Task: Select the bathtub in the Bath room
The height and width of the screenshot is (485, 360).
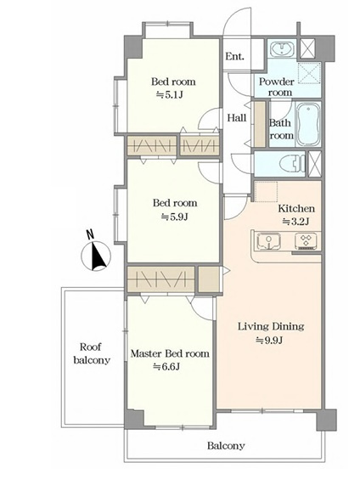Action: pos(308,124)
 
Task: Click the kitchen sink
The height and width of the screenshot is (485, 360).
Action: pos(269,241)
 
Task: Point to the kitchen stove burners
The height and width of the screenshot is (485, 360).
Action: pos(307,240)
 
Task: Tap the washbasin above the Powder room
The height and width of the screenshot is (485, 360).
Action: pos(283,49)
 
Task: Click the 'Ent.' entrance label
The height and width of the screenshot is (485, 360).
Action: pos(234,56)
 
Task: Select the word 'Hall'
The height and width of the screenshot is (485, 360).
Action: pos(237,117)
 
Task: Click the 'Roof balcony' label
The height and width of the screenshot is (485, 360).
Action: pos(92,353)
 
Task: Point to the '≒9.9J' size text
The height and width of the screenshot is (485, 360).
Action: pos(269,341)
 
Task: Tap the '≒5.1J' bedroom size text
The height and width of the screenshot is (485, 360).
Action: pos(170,94)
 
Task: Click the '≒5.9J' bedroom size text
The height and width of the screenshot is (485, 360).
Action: pos(174,217)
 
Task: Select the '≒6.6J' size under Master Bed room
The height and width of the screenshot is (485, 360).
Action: pos(167,367)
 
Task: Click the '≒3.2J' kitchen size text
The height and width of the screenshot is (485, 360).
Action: pos(296,222)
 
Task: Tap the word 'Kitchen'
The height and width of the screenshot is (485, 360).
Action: pos(296,208)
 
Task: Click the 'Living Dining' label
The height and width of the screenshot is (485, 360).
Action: pos(271,327)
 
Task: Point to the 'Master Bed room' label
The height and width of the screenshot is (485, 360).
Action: pos(170,353)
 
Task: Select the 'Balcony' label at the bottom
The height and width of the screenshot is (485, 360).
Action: pos(226,446)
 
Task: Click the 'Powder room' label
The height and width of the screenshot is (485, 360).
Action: pos(277,87)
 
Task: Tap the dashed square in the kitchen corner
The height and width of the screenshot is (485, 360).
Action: pos(266,192)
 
